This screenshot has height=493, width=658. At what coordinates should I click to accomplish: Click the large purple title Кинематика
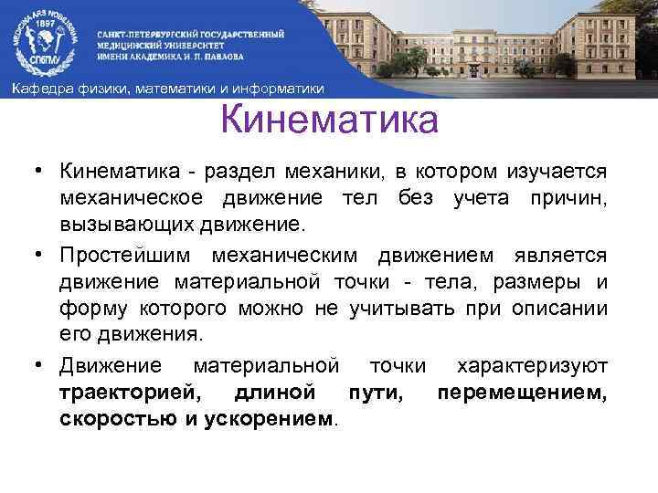coord(330,121)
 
